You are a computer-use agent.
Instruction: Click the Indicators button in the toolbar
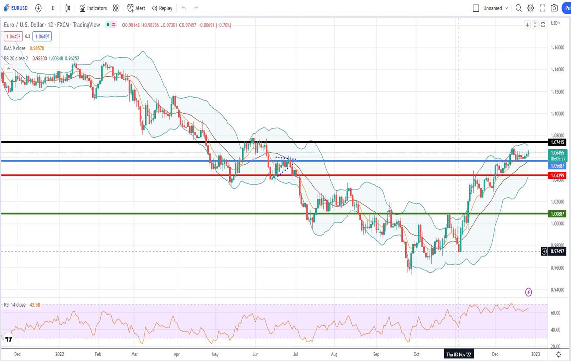point(93,8)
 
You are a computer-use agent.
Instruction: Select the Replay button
point(162,8)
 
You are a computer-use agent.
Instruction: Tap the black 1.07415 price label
point(557,142)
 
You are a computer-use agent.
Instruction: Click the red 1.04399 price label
point(557,176)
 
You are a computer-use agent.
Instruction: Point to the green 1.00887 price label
point(557,214)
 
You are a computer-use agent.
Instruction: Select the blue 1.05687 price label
point(557,166)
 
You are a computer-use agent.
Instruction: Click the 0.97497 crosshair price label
point(557,251)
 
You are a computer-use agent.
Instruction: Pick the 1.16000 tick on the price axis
point(557,48)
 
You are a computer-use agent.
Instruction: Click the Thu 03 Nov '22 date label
point(459,354)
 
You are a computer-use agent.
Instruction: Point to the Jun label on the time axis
point(255,354)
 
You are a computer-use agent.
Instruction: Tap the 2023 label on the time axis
point(535,354)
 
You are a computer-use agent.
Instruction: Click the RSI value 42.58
point(35,305)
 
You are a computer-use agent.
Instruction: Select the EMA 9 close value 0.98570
point(37,48)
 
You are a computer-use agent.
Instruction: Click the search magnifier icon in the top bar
point(518,8)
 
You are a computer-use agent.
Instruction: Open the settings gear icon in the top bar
point(531,8)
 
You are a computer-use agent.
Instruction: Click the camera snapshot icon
point(554,8)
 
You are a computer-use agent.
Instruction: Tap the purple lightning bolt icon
point(528,292)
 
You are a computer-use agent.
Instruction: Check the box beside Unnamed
point(476,8)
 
